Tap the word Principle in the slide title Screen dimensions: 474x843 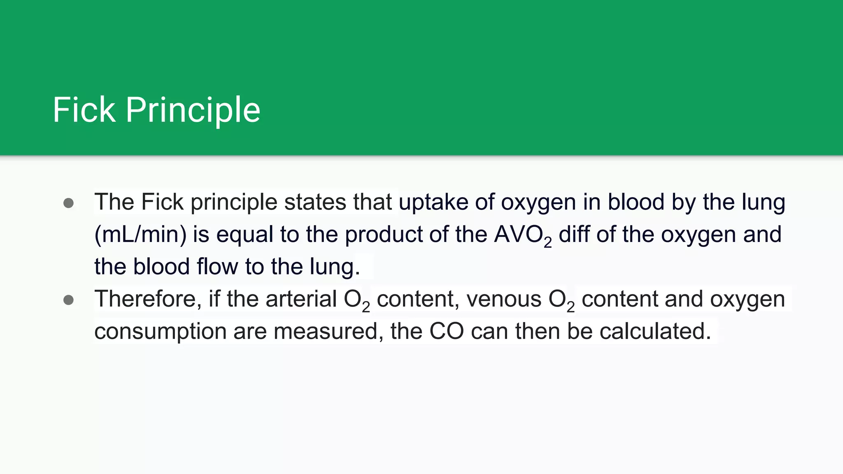click(x=193, y=110)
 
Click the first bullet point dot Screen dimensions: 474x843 click(x=69, y=203)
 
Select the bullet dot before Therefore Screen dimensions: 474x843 click(x=69, y=300)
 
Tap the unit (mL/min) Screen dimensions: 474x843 click(x=140, y=235)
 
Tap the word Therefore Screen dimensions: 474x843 click(x=148, y=299)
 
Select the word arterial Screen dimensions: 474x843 click(x=301, y=299)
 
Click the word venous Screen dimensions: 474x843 click(x=504, y=299)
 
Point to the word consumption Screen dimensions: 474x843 click(x=160, y=331)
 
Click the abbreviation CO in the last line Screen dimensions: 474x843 click(x=446, y=331)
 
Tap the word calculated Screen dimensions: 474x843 click(x=655, y=331)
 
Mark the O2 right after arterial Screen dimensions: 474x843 click(x=356, y=300)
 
